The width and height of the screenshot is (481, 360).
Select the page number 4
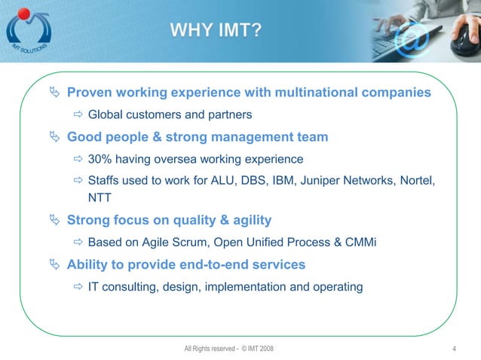[455, 348]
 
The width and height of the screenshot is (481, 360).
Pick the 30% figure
[100, 159]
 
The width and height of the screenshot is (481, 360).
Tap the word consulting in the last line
[129, 286]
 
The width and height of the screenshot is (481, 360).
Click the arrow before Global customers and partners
[78, 115]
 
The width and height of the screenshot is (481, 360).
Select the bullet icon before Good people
[54, 137]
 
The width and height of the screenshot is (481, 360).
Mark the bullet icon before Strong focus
[54, 221]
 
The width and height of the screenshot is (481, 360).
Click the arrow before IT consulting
[78, 286]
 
